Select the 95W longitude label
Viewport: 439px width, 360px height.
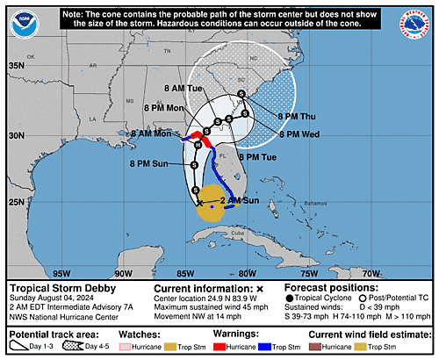click(62, 273)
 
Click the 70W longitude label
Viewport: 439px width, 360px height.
click(371, 273)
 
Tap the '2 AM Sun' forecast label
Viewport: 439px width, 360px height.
click(240, 201)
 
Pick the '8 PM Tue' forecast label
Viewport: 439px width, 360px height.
click(233, 156)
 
